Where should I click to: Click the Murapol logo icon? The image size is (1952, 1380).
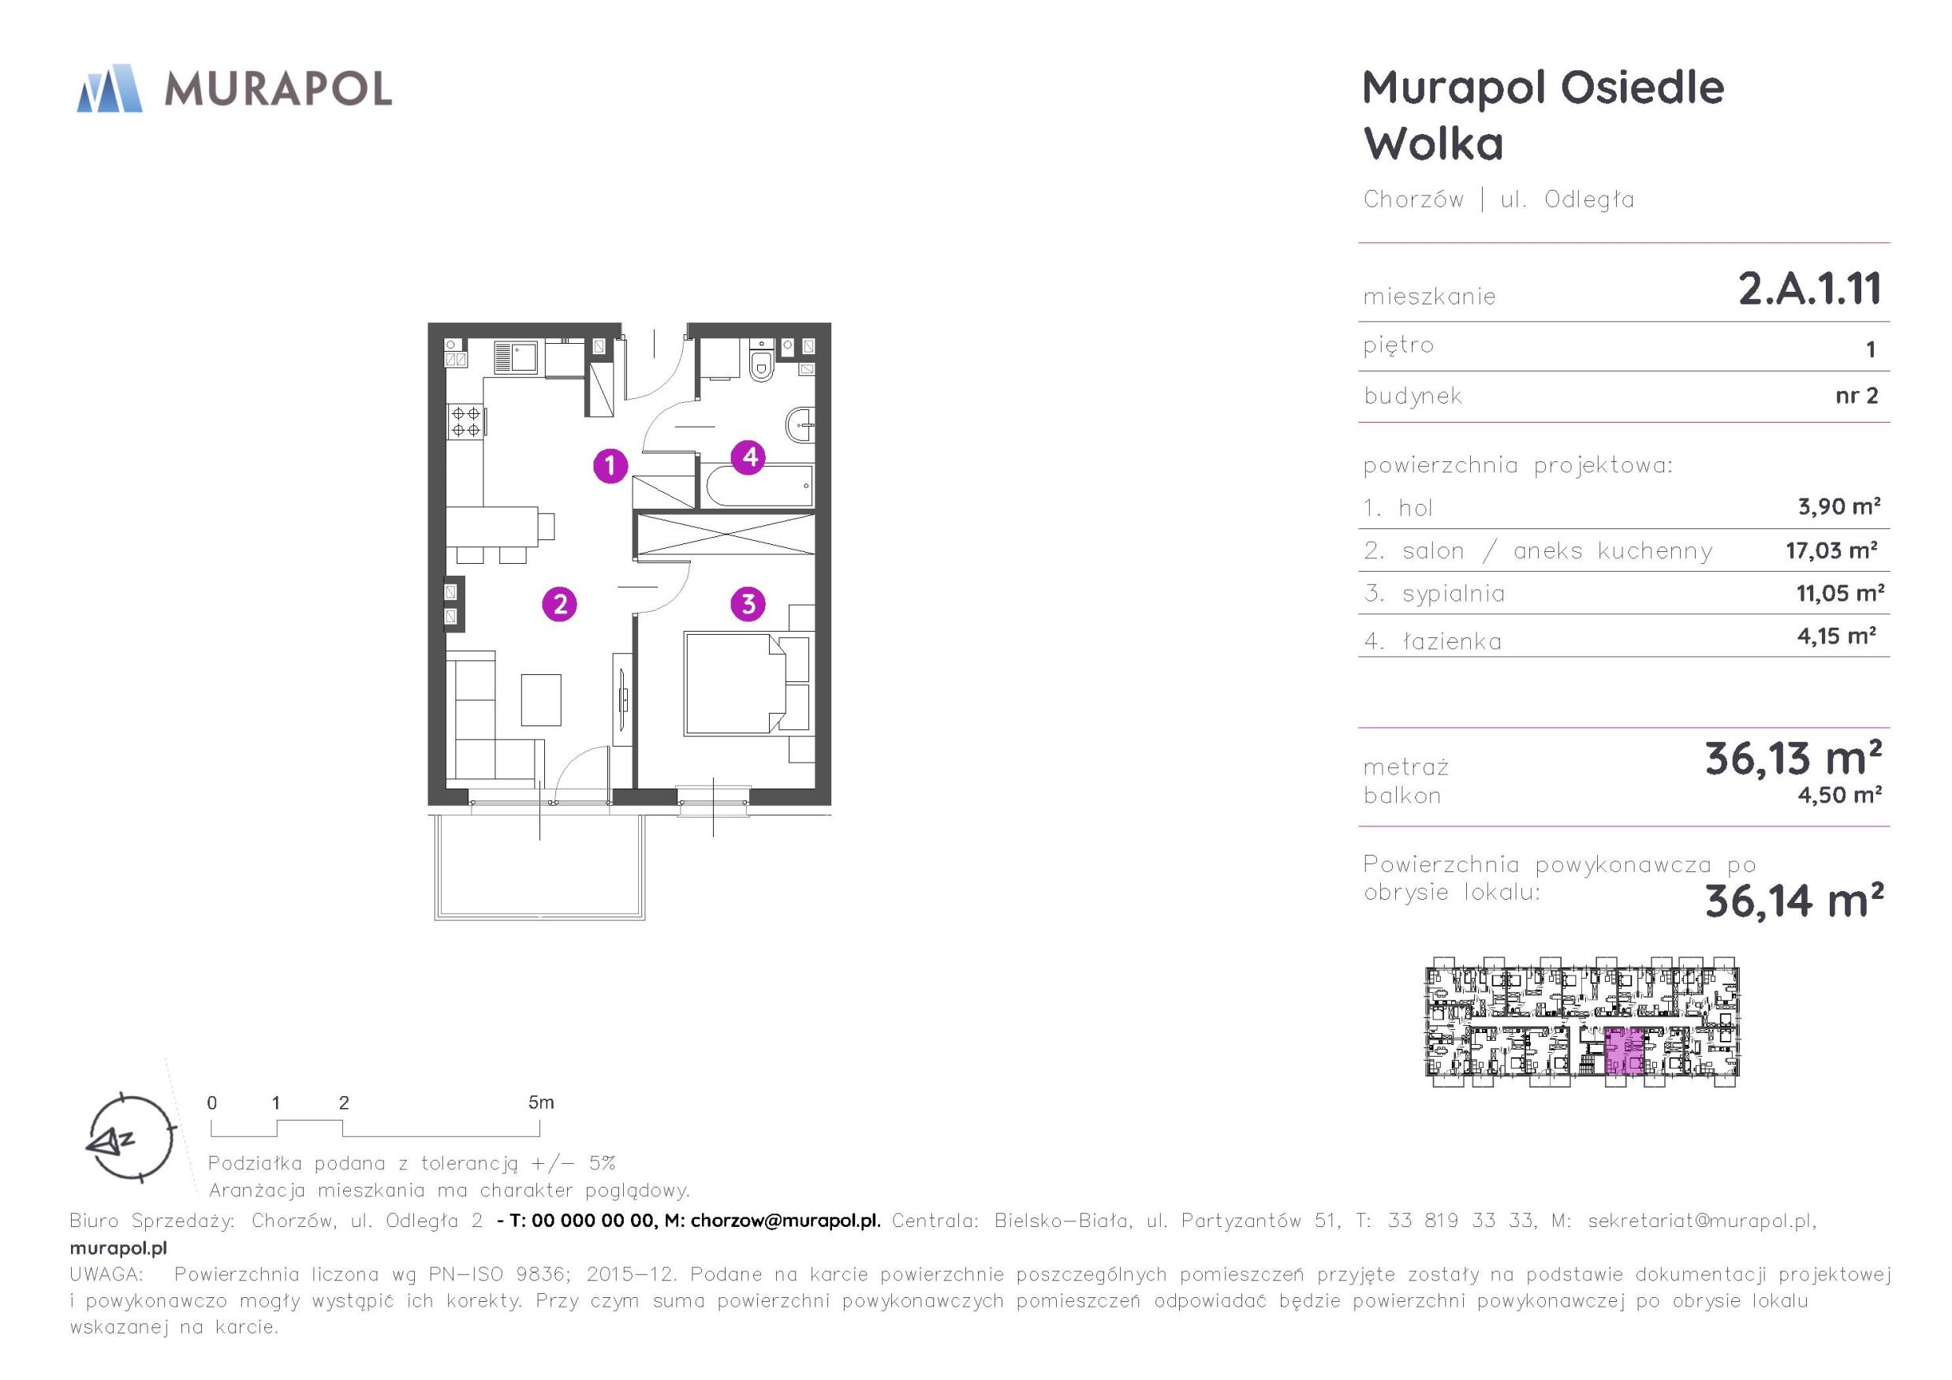(109, 88)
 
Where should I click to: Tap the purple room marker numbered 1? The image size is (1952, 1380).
(610, 465)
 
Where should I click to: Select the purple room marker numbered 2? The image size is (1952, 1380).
(559, 604)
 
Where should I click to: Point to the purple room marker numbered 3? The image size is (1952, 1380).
(748, 604)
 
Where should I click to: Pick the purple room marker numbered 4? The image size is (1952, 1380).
(749, 457)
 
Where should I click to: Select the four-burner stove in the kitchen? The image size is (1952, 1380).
(466, 422)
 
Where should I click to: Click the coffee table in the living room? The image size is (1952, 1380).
(541, 699)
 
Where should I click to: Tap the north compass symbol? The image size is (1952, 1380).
(132, 1137)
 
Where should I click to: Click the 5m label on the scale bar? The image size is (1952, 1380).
(541, 1102)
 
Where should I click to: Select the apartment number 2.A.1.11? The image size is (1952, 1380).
(1809, 289)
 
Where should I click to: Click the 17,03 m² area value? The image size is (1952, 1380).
(1831, 550)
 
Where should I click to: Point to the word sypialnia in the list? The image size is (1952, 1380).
(1453, 594)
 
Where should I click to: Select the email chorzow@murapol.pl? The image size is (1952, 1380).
(785, 1221)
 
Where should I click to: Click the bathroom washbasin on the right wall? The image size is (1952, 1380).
(801, 423)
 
